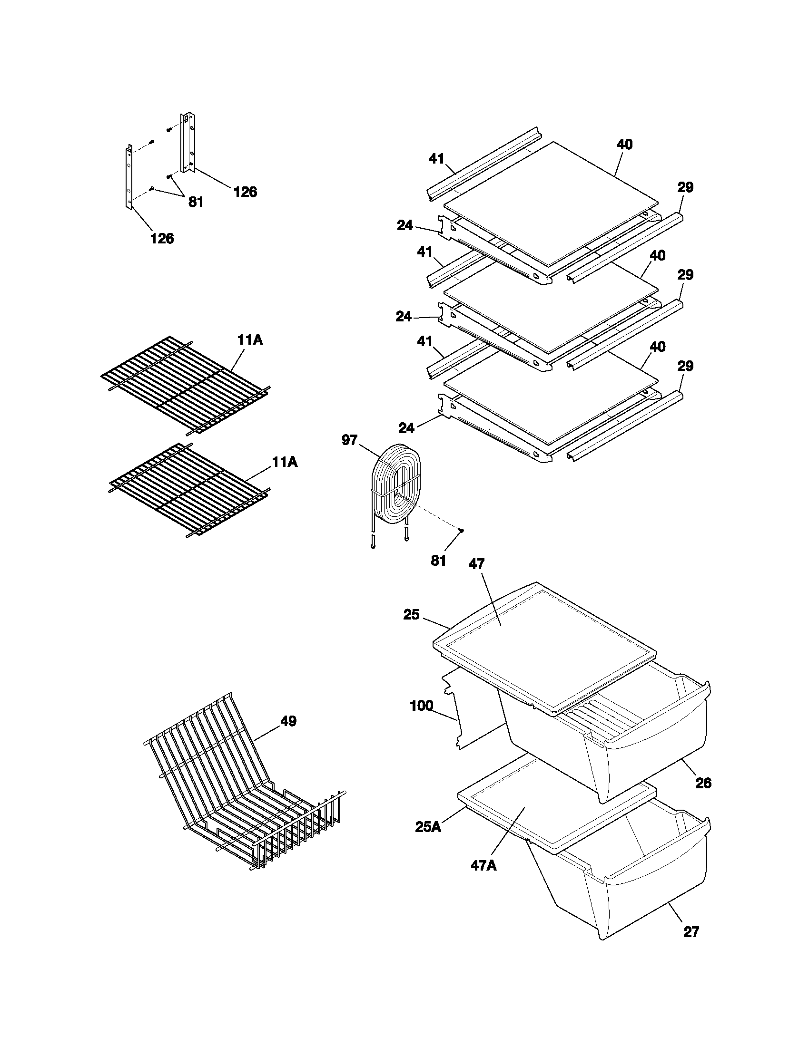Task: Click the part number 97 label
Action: [349, 440]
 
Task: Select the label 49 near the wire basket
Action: [288, 721]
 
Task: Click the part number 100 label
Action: [422, 706]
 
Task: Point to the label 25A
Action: [428, 827]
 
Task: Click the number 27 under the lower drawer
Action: [691, 931]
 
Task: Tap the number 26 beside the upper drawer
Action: [703, 784]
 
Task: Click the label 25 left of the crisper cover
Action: [411, 614]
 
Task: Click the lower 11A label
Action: [285, 462]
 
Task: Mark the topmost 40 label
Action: [624, 144]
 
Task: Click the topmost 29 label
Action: [685, 187]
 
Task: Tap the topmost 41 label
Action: [436, 158]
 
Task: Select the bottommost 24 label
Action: [406, 428]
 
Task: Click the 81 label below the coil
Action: [438, 561]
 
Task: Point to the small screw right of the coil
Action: [461, 530]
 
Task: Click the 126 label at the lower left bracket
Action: [162, 238]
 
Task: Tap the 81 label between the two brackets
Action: [196, 202]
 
